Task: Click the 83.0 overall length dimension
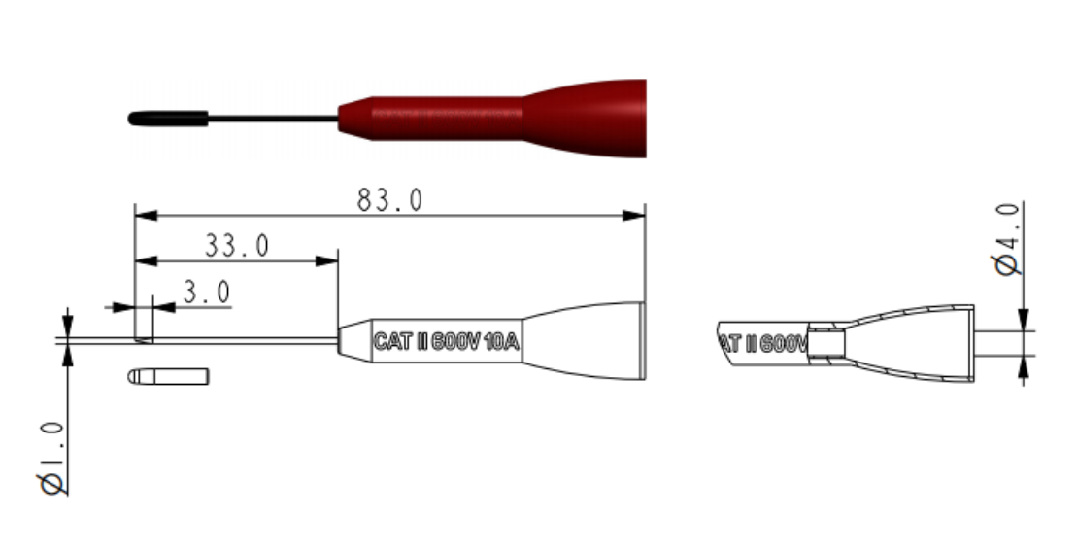click(389, 200)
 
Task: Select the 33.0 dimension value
click(236, 246)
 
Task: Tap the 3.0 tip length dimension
click(206, 293)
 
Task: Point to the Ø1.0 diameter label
click(54, 458)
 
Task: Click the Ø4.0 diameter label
click(1008, 239)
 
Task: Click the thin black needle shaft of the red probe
click(273, 119)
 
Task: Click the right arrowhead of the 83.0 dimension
click(638, 215)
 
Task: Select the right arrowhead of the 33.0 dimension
click(330, 259)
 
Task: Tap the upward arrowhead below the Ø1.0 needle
click(67, 353)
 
